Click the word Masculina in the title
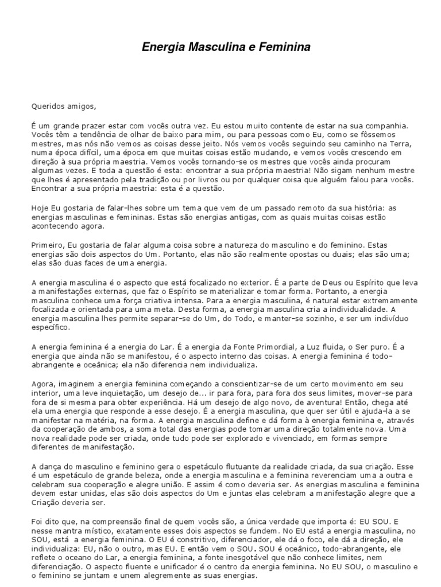click(x=208, y=48)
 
